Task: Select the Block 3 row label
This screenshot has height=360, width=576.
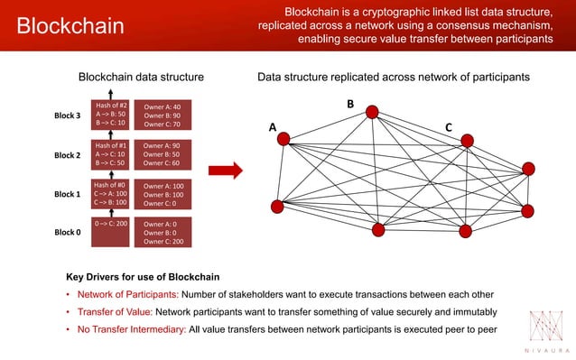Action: coord(68,115)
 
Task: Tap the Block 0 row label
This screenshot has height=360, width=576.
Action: coord(68,232)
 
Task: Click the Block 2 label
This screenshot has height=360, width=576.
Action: coord(68,155)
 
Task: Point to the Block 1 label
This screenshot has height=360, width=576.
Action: coord(68,194)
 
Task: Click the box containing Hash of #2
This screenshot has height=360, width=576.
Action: coord(111,115)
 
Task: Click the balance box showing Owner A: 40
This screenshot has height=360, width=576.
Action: coord(168,115)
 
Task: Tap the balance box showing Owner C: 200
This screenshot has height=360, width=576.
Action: coord(168,232)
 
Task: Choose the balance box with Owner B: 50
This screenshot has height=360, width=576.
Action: coord(168,154)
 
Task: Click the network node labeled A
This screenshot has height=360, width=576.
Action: coord(283,139)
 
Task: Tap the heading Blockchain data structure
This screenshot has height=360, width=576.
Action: coord(142,78)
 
